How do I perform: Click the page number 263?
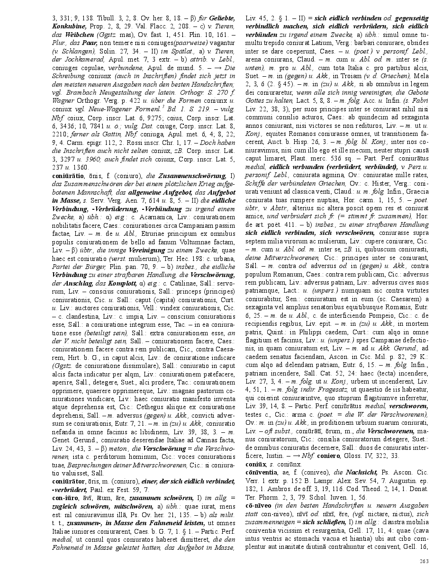[x=425, y=561]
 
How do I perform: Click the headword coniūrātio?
[x=69, y=175]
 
